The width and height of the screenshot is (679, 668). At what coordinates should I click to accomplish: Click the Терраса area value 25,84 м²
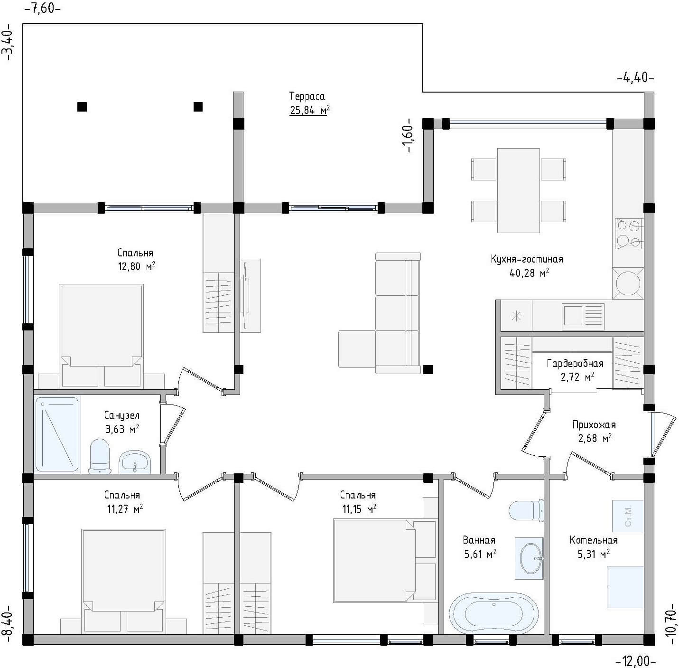(x=310, y=111)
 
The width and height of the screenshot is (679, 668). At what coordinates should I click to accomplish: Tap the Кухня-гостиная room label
(x=527, y=259)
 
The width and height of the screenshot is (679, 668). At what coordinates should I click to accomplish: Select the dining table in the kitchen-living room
(x=518, y=190)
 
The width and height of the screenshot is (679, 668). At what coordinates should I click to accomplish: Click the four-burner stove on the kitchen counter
(x=629, y=233)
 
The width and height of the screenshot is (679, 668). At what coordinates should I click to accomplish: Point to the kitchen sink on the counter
(x=583, y=316)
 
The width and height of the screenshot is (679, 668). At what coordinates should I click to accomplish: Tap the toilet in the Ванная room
(x=526, y=510)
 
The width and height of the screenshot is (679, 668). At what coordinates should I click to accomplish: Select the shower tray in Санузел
(x=57, y=434)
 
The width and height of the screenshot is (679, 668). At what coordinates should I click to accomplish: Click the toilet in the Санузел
(x=100, y=456)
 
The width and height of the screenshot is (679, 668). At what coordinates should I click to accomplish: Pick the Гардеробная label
(x=575, y=364)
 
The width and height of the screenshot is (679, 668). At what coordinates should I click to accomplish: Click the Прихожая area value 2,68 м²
(x=595, y=438)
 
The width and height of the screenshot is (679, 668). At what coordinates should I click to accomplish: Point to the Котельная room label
(x=594, y=540)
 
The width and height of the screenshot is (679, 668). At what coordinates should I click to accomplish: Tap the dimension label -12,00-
(x=636, y=660)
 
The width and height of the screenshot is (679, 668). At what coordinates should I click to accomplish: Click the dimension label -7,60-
(x=42, y=8)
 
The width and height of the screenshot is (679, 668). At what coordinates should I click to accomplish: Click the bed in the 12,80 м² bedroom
(x=101, y=335)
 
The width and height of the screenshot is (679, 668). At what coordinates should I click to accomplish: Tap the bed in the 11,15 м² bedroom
(x=384, y=560)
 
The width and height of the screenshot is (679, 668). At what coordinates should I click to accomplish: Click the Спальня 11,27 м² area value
(x=125, y=509)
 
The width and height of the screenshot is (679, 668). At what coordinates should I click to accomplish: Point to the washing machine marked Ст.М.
(x=628, y=516)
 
